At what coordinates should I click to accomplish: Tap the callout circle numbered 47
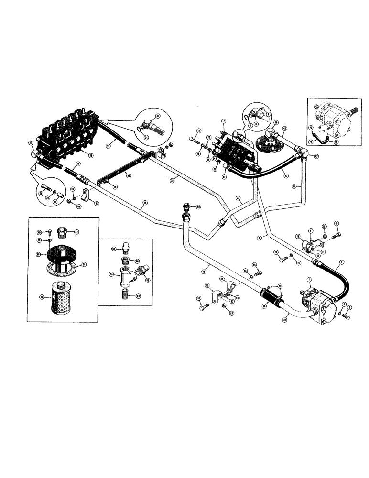(76, 232)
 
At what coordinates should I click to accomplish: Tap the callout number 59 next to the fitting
(198, 206)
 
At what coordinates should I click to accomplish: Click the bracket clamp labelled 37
(87, 196)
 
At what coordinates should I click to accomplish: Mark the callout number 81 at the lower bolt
(198, 299)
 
